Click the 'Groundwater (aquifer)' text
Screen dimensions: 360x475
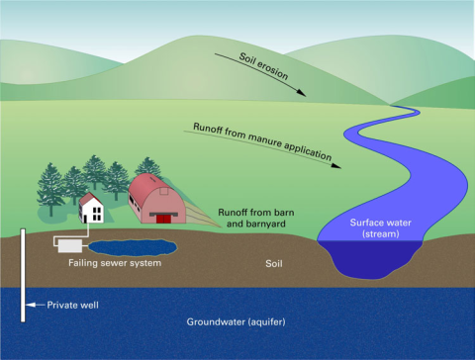click(x=237, y=323)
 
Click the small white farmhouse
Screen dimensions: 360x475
click(x=92, y=211)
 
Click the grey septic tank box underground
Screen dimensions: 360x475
click(x=70, y=243)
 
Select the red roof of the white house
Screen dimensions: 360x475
click(x=91, y=197)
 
